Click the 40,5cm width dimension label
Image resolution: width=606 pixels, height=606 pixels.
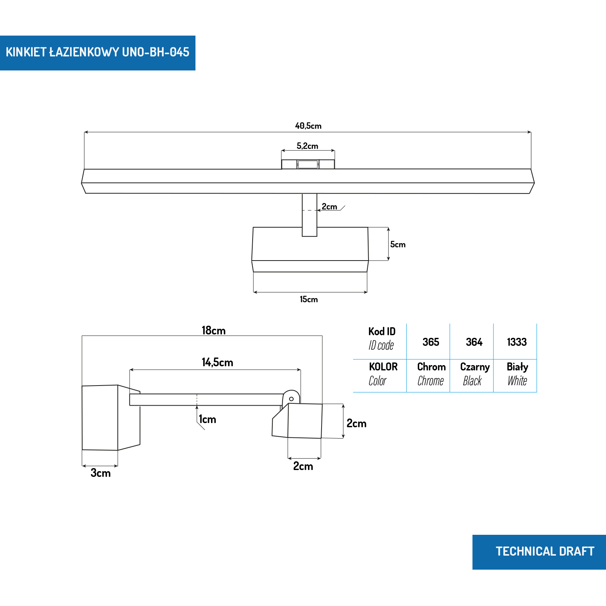pos(308,126)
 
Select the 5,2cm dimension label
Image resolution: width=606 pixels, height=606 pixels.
pos(307,146)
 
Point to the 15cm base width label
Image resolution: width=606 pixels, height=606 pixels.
pos(309,299)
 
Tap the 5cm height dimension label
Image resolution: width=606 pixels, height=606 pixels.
pos(398,244)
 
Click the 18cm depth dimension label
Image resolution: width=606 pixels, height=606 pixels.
pos(213,330)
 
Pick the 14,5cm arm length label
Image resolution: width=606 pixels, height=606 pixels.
pos(217,362)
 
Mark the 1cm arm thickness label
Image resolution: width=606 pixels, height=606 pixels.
pos(208,419)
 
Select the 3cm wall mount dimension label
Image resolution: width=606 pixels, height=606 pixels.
pos(100,473)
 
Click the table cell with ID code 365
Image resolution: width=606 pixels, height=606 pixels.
pos(431,342)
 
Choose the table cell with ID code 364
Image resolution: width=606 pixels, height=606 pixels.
pos(474,342)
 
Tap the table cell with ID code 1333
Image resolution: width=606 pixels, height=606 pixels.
pos(517,342)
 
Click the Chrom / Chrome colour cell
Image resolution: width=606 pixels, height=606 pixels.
pos(431,374)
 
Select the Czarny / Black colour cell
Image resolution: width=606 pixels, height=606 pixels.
pos(474,374)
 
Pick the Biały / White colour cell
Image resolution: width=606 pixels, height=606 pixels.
pos(517,374)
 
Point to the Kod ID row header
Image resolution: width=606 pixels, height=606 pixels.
pos(382,338)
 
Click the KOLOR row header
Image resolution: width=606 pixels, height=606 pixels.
pos(383,373)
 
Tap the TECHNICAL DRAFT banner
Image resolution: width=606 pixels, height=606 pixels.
pos(545,551)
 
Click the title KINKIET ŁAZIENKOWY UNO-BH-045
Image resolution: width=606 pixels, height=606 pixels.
pos(98,52)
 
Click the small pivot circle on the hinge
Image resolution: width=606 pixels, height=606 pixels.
pos(291,399)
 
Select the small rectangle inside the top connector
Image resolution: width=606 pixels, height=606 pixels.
pos(308,164)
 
